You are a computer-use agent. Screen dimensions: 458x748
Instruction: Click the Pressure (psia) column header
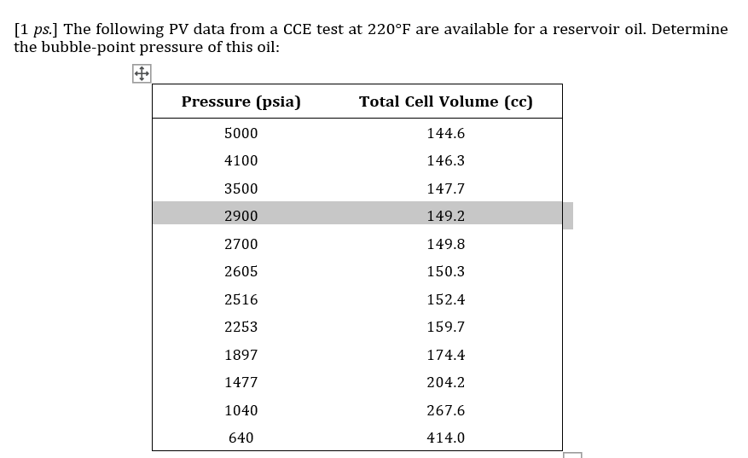point(241,102)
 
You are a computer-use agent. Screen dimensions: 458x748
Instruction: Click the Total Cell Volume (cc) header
point(445,102)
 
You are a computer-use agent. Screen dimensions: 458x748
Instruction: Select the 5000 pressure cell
point(241,134)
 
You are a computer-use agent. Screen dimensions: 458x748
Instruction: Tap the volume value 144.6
point(445,134)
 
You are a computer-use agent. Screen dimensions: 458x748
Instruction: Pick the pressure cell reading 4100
point(241,161)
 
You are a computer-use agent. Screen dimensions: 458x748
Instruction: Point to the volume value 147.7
point(445,188)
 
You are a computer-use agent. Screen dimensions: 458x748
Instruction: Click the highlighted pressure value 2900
point(241,217)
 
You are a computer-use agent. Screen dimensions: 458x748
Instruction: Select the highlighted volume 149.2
point(445,217)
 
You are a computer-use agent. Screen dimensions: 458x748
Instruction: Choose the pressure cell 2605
point(241,272)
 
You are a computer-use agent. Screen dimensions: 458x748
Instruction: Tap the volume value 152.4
point(445,300)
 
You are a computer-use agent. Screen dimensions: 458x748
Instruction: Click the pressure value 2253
point(241,328)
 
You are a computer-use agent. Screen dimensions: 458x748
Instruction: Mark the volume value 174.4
point(445,355)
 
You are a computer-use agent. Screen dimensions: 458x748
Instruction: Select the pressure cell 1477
point(241,383)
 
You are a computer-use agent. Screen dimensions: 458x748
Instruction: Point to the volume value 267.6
point(445,411)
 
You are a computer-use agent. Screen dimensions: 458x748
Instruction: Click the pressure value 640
point(241,438)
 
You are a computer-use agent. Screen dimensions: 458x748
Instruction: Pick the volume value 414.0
point(445,438)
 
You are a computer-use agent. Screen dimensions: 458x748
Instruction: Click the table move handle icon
point(142,74)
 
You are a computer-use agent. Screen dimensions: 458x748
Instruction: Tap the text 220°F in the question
point(390,29)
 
